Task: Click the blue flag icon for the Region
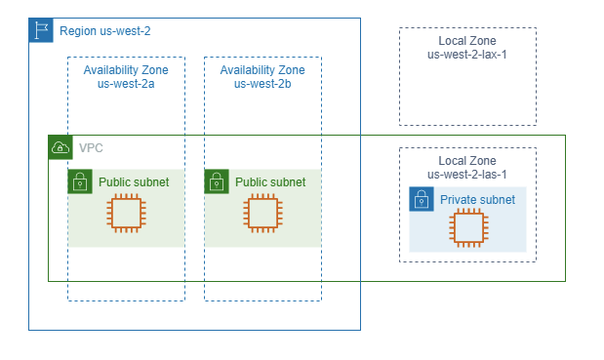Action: pos(41,30)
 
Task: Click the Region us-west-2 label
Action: pos(104,31)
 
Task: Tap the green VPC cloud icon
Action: pos(60,147)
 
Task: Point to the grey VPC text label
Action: pos(91,148)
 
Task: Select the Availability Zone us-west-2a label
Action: pos(126,77)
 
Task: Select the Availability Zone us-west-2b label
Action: pos(262,77)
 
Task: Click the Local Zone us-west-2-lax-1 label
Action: pos(467,48)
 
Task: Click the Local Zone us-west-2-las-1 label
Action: pos(467,168)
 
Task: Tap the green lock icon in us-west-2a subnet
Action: pos(80,181)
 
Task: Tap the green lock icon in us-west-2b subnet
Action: pos(217,181)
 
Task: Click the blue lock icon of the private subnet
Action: pos(422,199)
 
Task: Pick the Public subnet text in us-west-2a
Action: pos(134,182)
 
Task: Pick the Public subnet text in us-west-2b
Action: pos(270,182)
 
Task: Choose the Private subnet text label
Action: pos(478,200)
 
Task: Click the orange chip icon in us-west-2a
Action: pos(126,214)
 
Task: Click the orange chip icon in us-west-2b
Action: pos(263,214)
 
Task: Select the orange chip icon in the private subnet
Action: pos(468,228)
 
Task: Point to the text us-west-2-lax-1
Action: pos(467,55)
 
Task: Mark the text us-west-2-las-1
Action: pos(467,175)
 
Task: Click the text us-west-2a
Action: pos(126,84)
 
